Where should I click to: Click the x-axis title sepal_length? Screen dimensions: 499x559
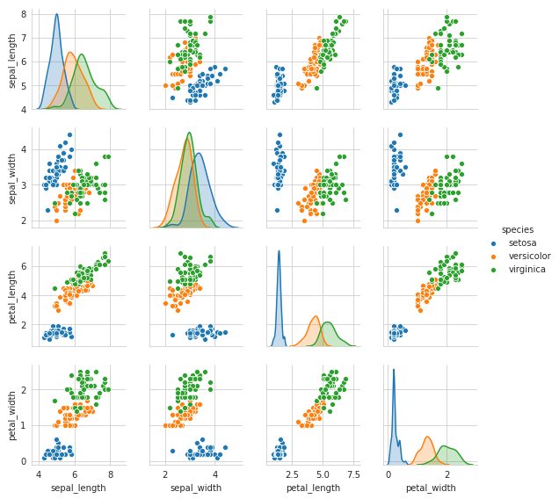point(76,487)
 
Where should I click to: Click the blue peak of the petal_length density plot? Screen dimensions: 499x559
point(279,252)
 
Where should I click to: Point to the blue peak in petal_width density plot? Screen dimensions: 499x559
point(394,370)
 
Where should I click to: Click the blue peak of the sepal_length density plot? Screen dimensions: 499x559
point(56,15)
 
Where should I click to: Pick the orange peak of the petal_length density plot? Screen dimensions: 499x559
point(315,317)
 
